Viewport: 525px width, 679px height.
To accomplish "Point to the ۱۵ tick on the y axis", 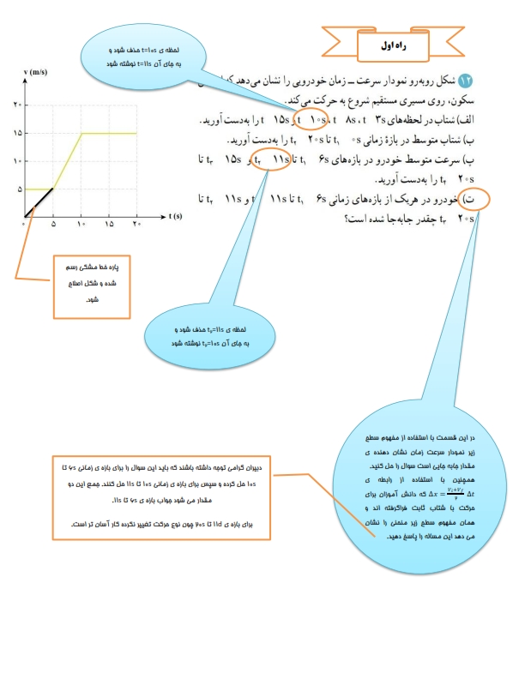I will coord(16,133).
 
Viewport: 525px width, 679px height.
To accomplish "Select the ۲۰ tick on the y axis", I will coord(16,105).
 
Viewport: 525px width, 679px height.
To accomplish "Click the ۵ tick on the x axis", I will coord(53,225).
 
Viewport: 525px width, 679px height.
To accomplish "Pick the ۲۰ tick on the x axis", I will coord(136,225).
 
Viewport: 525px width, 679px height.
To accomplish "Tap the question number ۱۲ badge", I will coord(467,80).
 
